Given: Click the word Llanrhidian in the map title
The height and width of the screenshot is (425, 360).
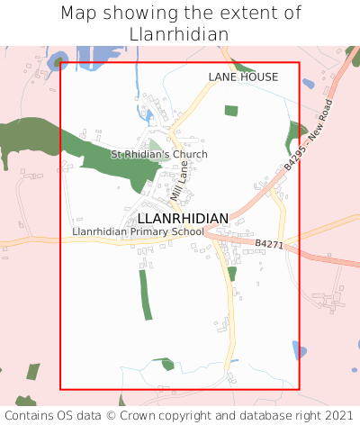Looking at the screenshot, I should point(179,33).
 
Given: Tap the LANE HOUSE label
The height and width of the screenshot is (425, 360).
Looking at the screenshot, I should point(243,77).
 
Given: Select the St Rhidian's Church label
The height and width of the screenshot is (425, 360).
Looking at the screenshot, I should point(158,155).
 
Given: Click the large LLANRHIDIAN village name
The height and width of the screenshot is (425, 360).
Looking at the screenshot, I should point(183,219).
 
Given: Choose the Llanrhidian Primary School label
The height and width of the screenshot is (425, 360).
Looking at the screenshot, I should point(139,232).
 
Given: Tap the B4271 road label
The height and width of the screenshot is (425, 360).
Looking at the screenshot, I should point(268,244).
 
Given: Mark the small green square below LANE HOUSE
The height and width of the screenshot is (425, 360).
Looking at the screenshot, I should point(231,111).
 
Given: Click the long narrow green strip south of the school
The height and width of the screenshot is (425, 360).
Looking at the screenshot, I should point(145,294).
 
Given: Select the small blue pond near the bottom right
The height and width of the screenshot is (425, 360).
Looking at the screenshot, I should point(300,350).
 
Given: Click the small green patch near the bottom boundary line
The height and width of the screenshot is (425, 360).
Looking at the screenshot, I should point(166,364).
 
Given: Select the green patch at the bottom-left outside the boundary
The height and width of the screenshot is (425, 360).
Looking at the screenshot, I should point(33,371).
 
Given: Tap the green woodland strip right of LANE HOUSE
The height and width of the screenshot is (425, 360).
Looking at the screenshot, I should point(296,136).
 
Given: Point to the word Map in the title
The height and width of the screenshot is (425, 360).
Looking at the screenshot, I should point(78,14).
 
